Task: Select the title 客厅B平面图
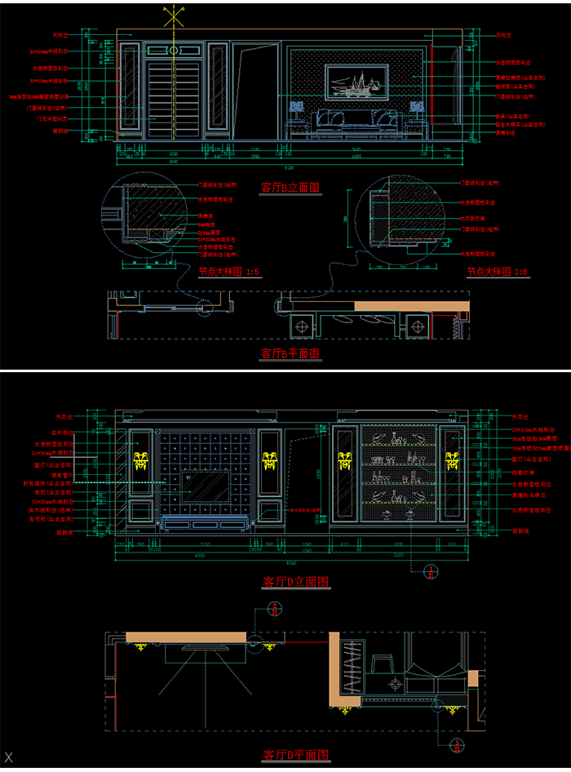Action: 290,353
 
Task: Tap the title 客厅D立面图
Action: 295,582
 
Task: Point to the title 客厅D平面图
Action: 295,755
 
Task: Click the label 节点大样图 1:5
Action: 229,272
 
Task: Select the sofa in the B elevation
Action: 356,120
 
